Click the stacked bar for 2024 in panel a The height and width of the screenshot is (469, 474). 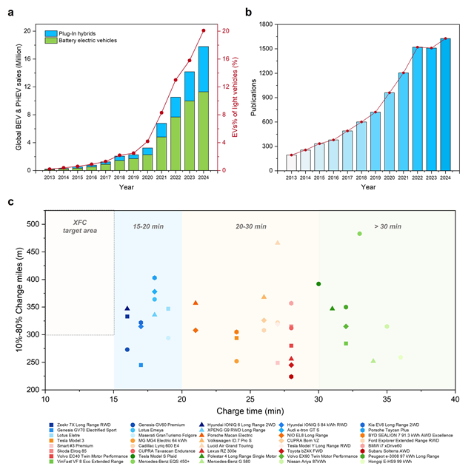(x=203, y=111)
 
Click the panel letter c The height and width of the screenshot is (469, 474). (x=10, y=201)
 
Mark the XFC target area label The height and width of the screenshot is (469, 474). (x=80, y=226)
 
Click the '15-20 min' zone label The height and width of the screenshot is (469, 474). (x=149, y=224)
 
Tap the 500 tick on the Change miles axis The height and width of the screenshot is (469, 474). (x=34, y=223)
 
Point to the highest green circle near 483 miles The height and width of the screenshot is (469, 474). (x=360, y=234)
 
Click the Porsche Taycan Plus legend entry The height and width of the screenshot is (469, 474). (x=398, y=431)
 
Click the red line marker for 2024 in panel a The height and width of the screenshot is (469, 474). (x=204, y=30)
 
